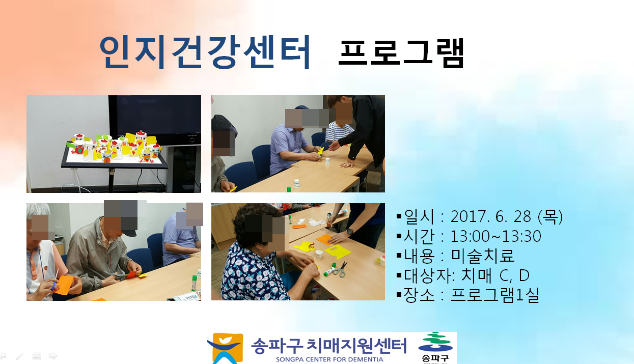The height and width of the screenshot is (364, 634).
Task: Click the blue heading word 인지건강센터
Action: click(x=205, y=52)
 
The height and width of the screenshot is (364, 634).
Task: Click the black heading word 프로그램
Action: click(x=401, y=53)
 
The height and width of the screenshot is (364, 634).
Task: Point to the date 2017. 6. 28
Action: click(x=492, y=217)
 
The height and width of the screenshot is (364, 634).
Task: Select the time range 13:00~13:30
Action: click(x=495, y=236)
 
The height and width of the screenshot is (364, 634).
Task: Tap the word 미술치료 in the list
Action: click(x=482, y=256)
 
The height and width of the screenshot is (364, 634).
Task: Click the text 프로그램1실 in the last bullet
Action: click(x=495, y=295)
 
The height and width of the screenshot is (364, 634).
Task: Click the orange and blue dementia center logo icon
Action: click(x=225, y=348)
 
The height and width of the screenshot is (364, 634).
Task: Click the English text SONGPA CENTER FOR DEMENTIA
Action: click(x=329, y=359)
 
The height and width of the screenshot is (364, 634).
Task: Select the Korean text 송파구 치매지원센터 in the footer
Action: click(x=329, y=346)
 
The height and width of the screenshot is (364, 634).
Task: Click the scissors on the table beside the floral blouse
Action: click(x=341, y=269)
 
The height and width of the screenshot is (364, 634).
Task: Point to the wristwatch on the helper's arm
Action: click(x=350, y=232)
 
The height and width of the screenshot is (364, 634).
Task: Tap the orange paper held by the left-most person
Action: click(x=64, y=285)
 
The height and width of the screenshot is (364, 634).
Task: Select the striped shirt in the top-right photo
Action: click(x=339, y=131)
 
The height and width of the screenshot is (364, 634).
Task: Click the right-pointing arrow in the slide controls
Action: click(x=53, y=355)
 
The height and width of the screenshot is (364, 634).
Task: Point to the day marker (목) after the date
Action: click(x=550, y=217)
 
